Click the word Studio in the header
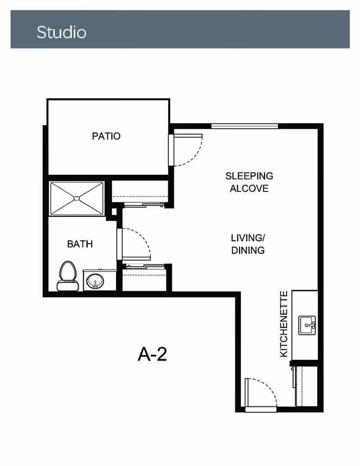(62, 32)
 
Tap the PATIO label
(106, 136)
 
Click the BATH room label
(80, 244)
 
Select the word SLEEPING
(249, 176)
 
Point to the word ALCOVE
(249, 188)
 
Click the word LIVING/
(247, 238)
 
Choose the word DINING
(247, 250)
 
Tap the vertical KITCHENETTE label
(284, 324)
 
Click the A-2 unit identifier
(153, 354)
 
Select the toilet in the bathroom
(67, 276)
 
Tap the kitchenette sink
(307, 326)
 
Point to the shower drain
(76, 198)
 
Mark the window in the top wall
(244, 126)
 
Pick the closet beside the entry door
(306, 386)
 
